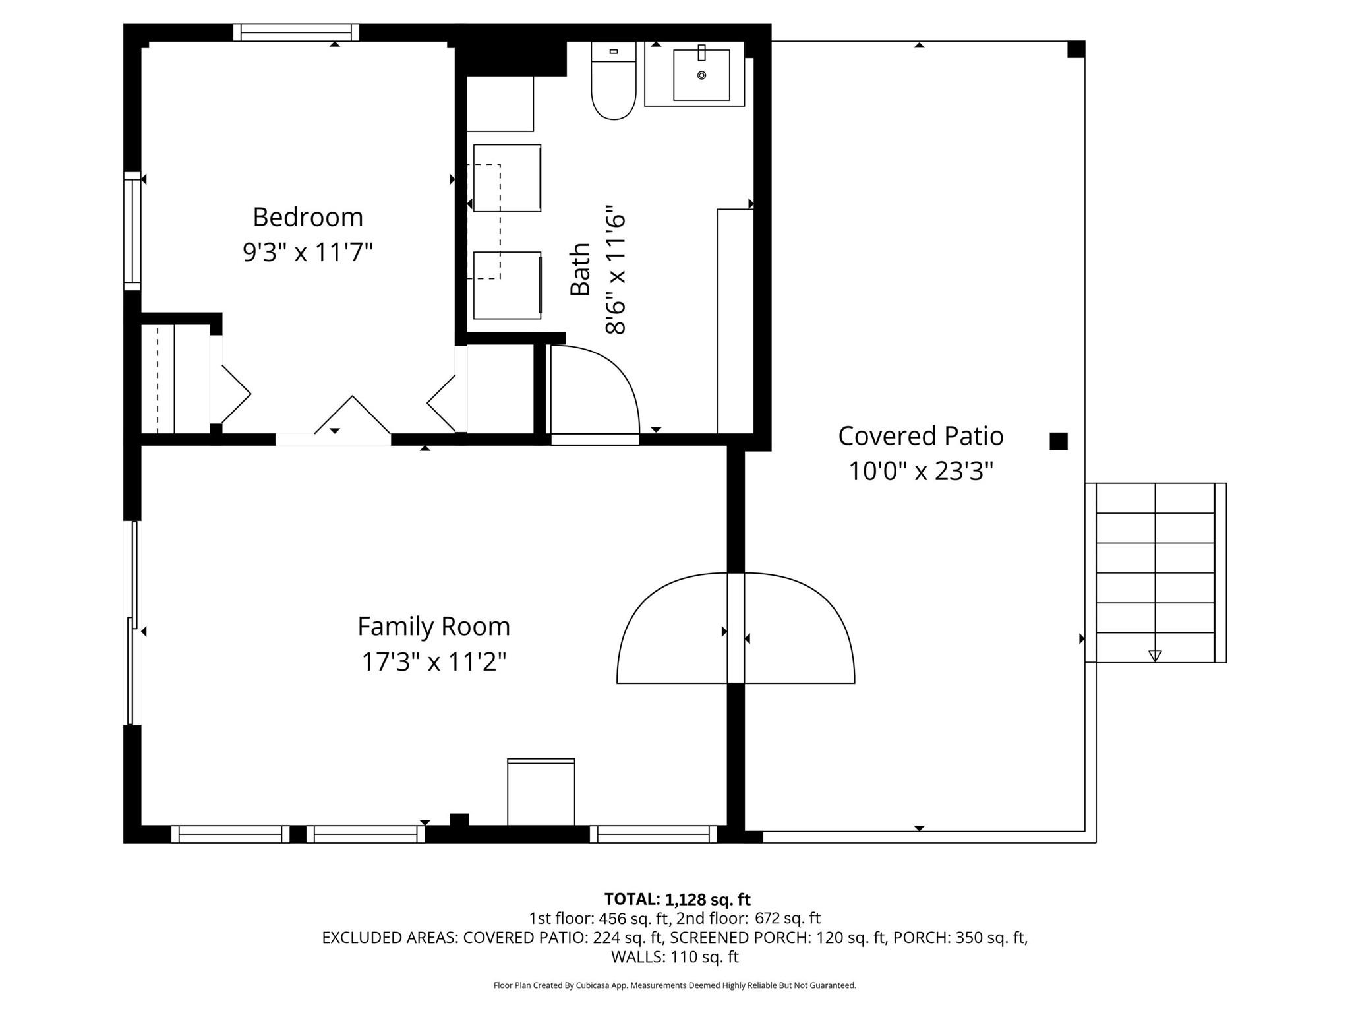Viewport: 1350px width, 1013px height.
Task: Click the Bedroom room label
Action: [308, 217]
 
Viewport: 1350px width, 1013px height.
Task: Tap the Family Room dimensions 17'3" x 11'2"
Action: [434, 661]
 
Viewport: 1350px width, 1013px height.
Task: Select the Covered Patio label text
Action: [920, 436]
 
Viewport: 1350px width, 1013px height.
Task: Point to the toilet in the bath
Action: [614, 80]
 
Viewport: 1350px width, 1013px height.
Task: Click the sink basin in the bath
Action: [701, 75]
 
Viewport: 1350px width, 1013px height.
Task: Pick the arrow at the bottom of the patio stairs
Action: [1155, 656]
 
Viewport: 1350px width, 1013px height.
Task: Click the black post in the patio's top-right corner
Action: [1076, 49]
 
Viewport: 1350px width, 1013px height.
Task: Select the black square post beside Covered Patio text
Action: [1058, 441]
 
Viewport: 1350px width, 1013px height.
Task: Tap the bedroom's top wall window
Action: [296, 32]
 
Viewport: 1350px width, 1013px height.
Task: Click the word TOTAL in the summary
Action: [632, 899]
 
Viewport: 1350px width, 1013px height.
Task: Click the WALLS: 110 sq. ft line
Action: [675, 956]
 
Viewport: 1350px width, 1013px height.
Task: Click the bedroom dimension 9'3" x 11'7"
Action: [308, 252]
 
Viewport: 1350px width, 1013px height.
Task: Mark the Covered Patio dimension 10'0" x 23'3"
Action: [920, 471]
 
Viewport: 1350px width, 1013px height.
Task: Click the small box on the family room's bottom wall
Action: [541, 792]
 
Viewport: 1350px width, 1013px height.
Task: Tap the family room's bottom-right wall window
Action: [653, 834]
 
